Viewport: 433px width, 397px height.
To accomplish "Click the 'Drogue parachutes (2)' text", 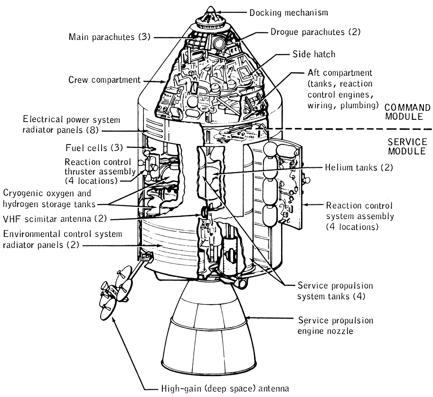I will coord(315,32).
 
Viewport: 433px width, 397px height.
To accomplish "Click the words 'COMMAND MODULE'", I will coord(407,112).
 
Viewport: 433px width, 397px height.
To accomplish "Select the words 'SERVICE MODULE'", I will coord(406,147).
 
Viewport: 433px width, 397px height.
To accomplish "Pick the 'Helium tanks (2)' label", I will coord(359,167).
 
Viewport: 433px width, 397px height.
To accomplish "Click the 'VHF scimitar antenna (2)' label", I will coord(55,219).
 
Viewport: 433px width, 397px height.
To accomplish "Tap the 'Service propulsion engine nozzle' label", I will coord(335,325).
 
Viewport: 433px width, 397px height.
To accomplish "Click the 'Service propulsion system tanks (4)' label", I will coord(335,291).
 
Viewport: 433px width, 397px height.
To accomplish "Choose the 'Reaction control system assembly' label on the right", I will coord(359,216).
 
